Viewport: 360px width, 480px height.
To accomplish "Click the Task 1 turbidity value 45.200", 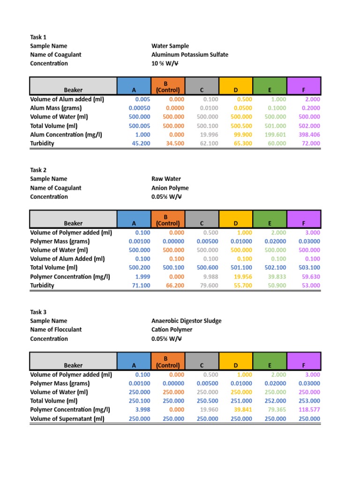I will pyautogui.click(x=141, y=143).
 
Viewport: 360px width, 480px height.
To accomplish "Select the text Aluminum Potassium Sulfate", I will pyautogui.click(x=190, y=55).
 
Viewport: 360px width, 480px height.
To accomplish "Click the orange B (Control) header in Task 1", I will pyautogui.click(x=168, y=86).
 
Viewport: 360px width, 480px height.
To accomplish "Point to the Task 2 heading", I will pyautogui.click(x=38, y=170).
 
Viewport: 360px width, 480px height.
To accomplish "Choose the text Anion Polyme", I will pyautogui.click(x=170, y=188).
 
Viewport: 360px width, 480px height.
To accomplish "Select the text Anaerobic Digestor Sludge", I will pyautogui.click(x=187, y=321).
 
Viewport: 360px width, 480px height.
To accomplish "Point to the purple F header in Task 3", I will pyautogui.click(x=304, y=365).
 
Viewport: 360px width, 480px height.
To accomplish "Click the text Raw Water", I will pyautogui.click(x=166, y=179).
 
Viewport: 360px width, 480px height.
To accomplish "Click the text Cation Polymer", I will pyautogui.click(x=172, y=330).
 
